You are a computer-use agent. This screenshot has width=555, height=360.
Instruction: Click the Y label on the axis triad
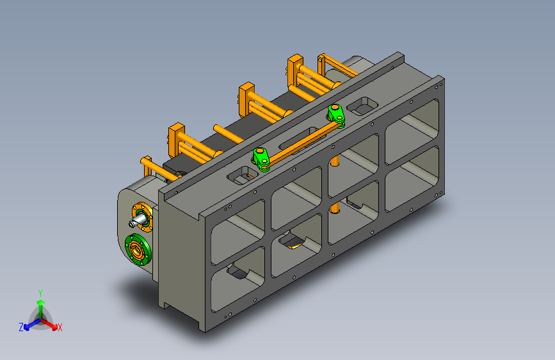click(40, 293)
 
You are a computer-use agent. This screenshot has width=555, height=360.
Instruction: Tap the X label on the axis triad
click(60, 327)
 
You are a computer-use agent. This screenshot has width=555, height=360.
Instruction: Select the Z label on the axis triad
click(21, 327)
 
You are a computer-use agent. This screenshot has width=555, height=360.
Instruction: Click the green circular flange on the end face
click(138, 249)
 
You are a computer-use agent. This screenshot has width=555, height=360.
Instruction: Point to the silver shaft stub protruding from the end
click(138, 221)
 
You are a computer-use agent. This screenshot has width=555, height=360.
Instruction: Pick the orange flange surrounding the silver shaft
click(142, 217)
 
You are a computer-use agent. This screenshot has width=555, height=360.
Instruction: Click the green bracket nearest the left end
click(262, 159)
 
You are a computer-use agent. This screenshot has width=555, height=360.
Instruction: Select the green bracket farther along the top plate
click(336, 115)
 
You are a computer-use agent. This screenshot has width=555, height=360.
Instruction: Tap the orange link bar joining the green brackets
click(302, 143)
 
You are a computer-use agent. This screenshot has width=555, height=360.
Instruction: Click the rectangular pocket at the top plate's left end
click(243, 175)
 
